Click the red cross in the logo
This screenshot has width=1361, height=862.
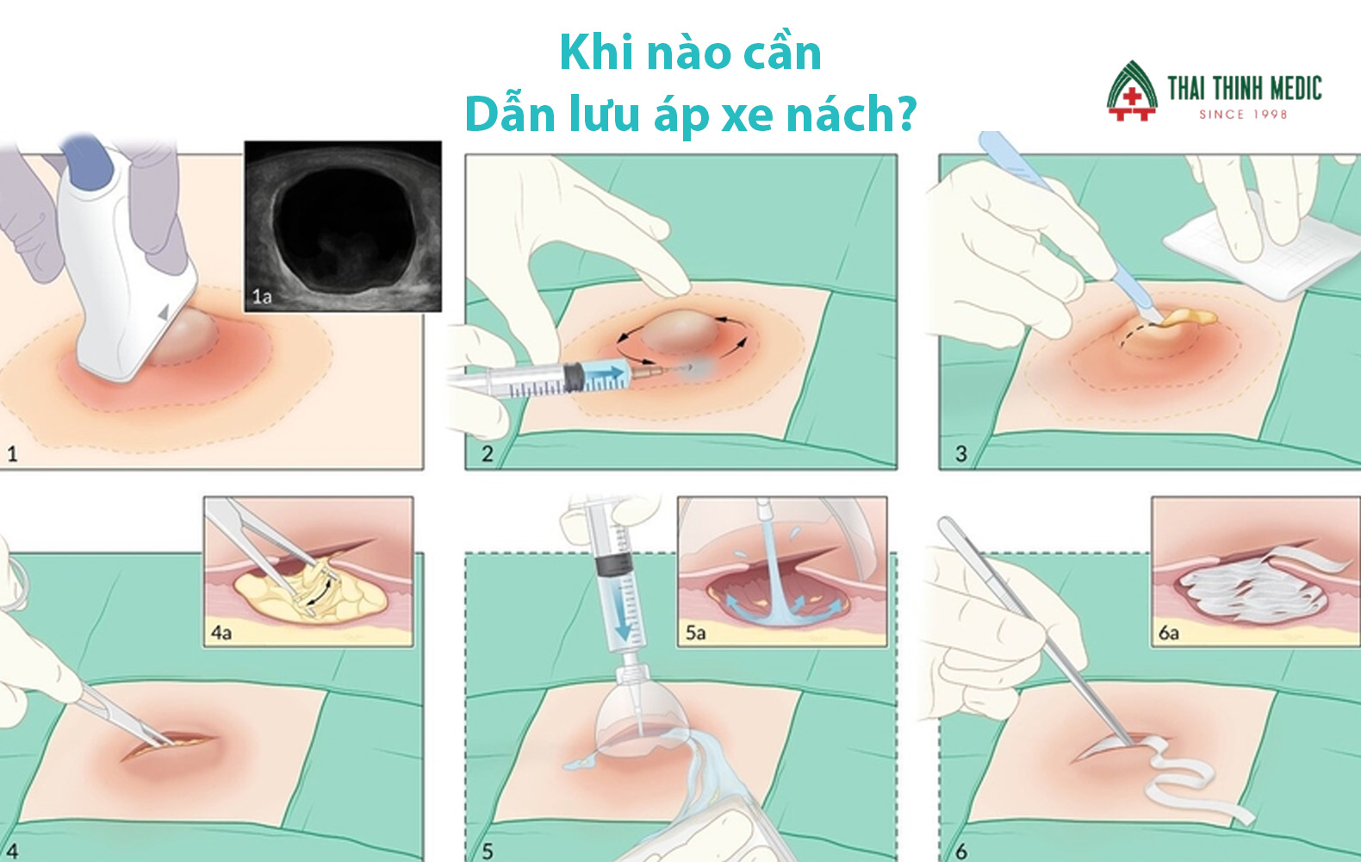pos(1131,97)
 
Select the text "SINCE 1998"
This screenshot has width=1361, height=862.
pos(1243,115)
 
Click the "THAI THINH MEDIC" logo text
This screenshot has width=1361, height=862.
pos(1245,88)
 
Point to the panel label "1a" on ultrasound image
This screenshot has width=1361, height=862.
pos(262,297)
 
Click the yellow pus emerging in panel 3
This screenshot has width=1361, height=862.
pos(1188,317)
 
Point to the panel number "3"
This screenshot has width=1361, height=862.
pos(960,453)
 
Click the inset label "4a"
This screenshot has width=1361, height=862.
pos(221,633)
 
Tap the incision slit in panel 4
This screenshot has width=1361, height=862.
pos(168,746)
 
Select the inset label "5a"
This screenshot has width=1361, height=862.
pos(696,633)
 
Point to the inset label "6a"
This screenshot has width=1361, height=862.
pos(1168,633)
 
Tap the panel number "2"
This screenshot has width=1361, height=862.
pos(487,453)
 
